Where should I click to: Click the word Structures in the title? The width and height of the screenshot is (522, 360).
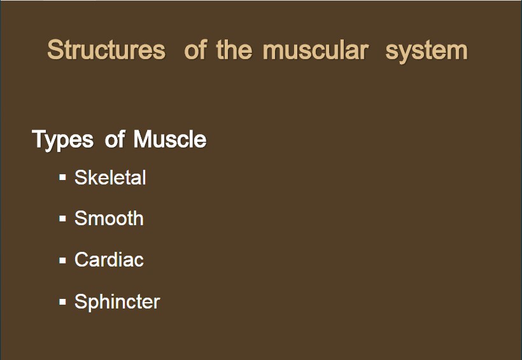106,50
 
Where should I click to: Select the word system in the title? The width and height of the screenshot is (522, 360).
427,52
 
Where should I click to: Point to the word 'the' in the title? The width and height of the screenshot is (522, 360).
234,50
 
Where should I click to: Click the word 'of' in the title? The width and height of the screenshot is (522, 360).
196,50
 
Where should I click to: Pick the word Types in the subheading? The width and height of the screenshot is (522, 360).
62,140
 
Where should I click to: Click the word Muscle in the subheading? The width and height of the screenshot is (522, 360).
170,139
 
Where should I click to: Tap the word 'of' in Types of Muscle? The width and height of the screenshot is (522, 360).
115,139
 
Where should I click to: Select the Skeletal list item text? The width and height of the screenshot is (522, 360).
110,177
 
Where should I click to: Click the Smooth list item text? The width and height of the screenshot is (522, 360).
109,219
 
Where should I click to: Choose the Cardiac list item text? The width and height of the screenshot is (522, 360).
109,260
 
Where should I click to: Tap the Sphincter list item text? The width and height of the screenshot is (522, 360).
117,302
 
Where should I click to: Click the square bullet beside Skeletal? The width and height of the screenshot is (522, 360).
62,177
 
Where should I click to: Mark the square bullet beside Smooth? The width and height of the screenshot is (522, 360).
62,219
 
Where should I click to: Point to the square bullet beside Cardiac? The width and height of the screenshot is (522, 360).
62,260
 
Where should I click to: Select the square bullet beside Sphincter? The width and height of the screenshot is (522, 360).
62,301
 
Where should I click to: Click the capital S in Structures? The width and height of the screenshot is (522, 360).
55,50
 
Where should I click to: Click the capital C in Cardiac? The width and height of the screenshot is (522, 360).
82,260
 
